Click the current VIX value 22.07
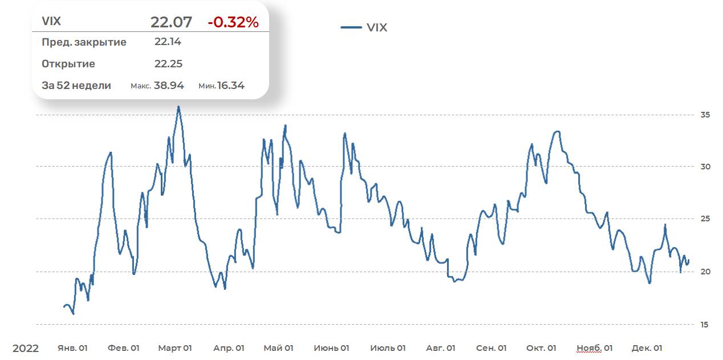tap(171, 22)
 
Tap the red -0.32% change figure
tap(233, 22)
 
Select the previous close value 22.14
tap(168, 42)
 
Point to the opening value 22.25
tap(168, 64)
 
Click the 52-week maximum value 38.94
tap(169, 86)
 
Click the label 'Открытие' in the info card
tap(68, 64)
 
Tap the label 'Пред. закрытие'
tap(84, 42)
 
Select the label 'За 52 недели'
tap(76, 86)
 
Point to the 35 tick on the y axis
tap(705, 115)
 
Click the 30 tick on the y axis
tap(705, 167)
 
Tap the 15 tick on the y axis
tap(705, 324)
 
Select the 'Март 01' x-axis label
tap(175, 348)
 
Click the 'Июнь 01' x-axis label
tap(331, 348)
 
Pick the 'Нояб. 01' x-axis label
tap(595, 348)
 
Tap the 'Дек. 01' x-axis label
tap(647, 348)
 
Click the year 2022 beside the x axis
tap(26, 348)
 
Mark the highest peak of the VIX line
tap(178, 107)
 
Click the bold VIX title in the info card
tap(51, 22)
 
